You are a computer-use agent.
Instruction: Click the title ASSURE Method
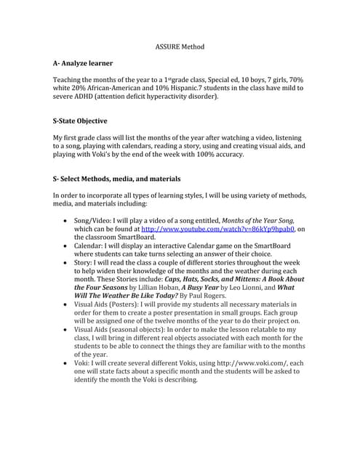pyautogui.click(x=180, y=47)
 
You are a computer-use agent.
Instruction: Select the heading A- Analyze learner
pyautogui.click(x=85, y=64)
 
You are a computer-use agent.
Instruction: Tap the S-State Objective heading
pyautogui.click(x=80, y=121)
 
